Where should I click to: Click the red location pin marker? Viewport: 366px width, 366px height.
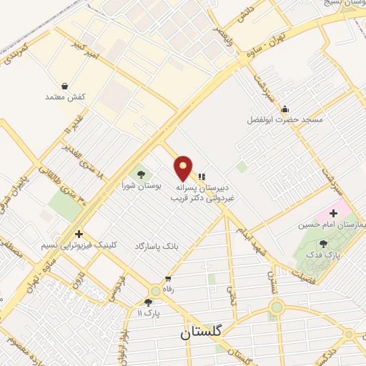tap(183, 167)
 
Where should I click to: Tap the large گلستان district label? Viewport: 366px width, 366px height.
tap(202, 332)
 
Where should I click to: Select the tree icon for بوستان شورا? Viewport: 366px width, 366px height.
tap(140, 174)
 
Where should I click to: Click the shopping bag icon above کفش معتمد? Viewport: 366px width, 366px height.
tap(65, 86)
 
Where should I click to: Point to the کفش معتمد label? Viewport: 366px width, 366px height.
tap(65, 97)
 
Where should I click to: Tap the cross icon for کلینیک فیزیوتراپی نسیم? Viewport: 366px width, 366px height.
tap(79, 234)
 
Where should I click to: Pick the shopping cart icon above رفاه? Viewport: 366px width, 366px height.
tap(168, 279)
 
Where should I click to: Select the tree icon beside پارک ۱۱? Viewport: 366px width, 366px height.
tap(148, 302)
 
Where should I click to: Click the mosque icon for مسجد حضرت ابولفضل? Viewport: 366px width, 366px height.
tap(285, 109)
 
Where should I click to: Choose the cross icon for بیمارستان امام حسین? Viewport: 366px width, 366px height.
tap(333, 213)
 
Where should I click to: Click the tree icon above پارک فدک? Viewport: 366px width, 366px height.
tap(324, 244)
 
